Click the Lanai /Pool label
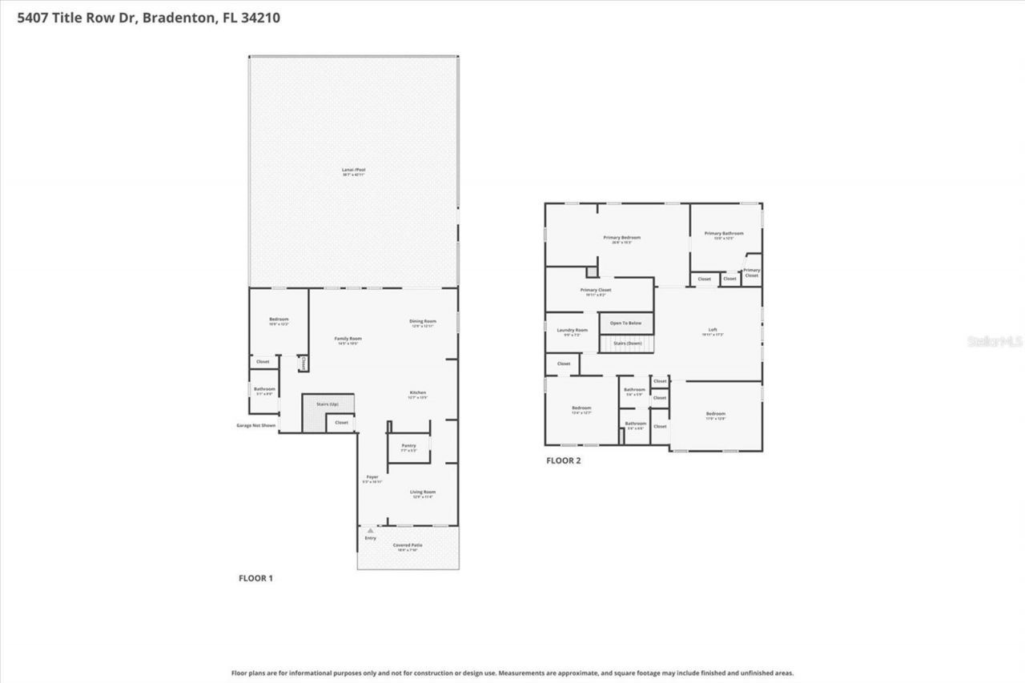(x=354, y=170)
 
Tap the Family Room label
(x=348, y=339)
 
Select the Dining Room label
(x=423, y=321)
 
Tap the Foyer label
(x=372, y=477)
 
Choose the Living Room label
(x=423, y=492)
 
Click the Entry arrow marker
(x=370, y=530)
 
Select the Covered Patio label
(x=408, y=545)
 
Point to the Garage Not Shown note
(x=256, y=425)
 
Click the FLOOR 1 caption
(x=256, y=577)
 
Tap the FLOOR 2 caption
(x=563, y=460)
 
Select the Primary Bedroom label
(x=621, y=238)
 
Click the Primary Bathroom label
(x=724, y=234)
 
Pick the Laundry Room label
(x=572, y=330)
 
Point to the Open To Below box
(x=626, y=323)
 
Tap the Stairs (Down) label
(x=628, y=343)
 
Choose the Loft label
(x=713, y=330)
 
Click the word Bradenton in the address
(x=177, y=17)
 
